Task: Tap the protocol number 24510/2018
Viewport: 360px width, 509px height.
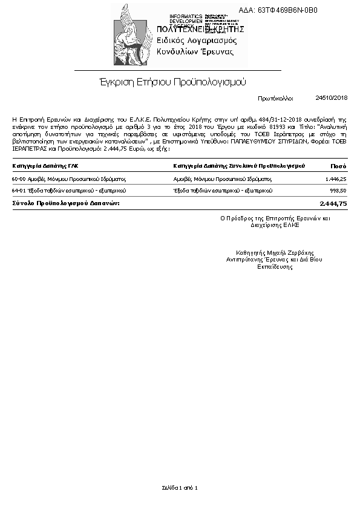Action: (x=332, y=97)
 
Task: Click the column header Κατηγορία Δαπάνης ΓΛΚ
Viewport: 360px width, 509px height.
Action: (x=45, y=165)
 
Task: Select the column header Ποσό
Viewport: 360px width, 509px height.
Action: (x=338, y=165)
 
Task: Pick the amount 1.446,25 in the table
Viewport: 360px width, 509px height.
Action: (x=335, y=179)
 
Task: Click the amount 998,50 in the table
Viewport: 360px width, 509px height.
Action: (x=337, y=191)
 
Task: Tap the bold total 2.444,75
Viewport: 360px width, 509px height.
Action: (x=333, y=204)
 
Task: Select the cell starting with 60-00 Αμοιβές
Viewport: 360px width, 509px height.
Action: (x=68, y=180)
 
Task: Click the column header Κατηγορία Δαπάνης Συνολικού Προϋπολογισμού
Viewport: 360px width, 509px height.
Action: (x=238, y=165)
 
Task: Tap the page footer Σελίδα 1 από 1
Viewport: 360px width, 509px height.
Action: (x=180, y=487)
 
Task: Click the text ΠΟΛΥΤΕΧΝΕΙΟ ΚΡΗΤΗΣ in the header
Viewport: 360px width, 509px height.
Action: (x=200, y=29)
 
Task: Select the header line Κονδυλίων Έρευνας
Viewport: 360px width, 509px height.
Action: (x=195, y=52)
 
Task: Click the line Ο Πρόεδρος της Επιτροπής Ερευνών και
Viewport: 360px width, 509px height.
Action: (x=275, y=217)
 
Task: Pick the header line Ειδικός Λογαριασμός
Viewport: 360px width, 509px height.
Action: (x=197, y=41)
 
